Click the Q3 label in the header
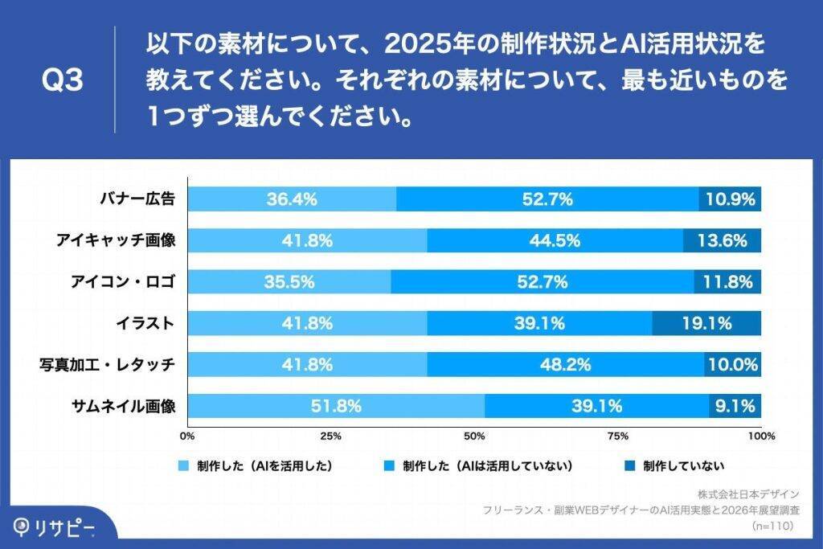(x=62, y=81)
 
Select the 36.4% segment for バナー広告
(x=292, y=199)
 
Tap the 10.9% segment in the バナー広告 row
(x=730, y=199)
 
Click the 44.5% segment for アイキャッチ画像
(x=555, y=240)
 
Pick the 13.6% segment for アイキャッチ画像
(x=722, y=240)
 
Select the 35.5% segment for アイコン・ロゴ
(x=289, y=282)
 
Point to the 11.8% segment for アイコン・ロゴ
(x=727, y=282)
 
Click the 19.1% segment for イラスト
(x=706, y=324)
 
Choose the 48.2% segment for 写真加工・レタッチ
(x=566, y=365)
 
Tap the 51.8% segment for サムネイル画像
(x=336, y=407)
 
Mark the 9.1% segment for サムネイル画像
(x=735, y=407)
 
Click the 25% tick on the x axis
(x=331, y=436)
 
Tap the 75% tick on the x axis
(x=617, y=436)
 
